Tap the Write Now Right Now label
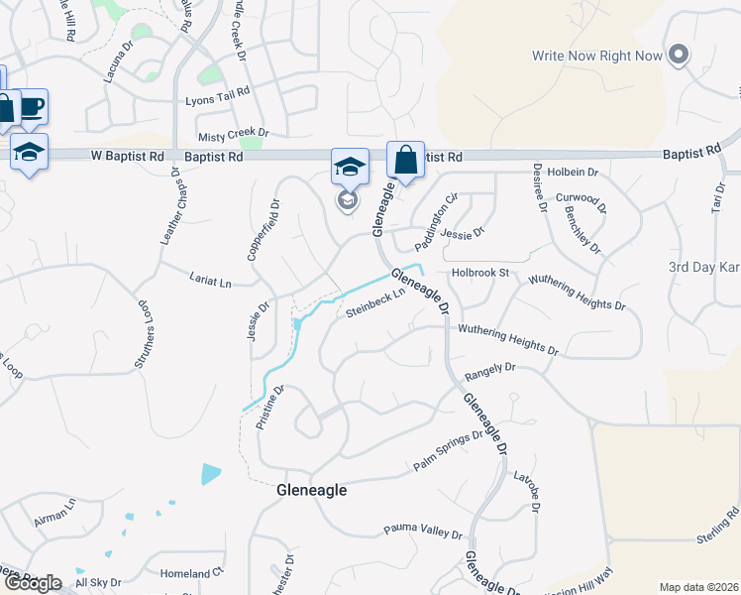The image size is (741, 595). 596,56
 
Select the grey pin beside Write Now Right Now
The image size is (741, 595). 679,55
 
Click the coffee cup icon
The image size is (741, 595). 32,106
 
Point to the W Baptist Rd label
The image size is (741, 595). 127,157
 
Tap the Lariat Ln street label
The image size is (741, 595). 209,282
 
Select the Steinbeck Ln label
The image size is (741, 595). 376,302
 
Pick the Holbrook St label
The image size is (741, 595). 479,272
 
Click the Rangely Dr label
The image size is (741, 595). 490,371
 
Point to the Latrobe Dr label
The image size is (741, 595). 526,491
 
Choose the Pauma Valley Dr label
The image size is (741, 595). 423,532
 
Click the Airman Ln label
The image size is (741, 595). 54,512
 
